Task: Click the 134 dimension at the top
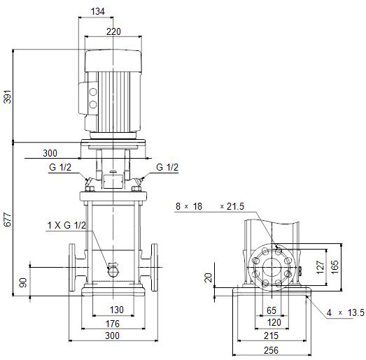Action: click(97, 11)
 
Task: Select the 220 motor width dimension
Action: click(113, 31)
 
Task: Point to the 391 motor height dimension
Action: click(8, 96)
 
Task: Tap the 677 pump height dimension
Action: click(8, 219)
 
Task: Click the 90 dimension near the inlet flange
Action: click(23, 282)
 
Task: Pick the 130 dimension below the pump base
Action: click(116, 310)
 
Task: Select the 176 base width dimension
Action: click(113, 324)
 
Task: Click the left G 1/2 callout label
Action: click(60, 167)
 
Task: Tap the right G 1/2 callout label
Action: click(167, 167)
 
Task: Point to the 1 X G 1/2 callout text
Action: click(66, 225)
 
